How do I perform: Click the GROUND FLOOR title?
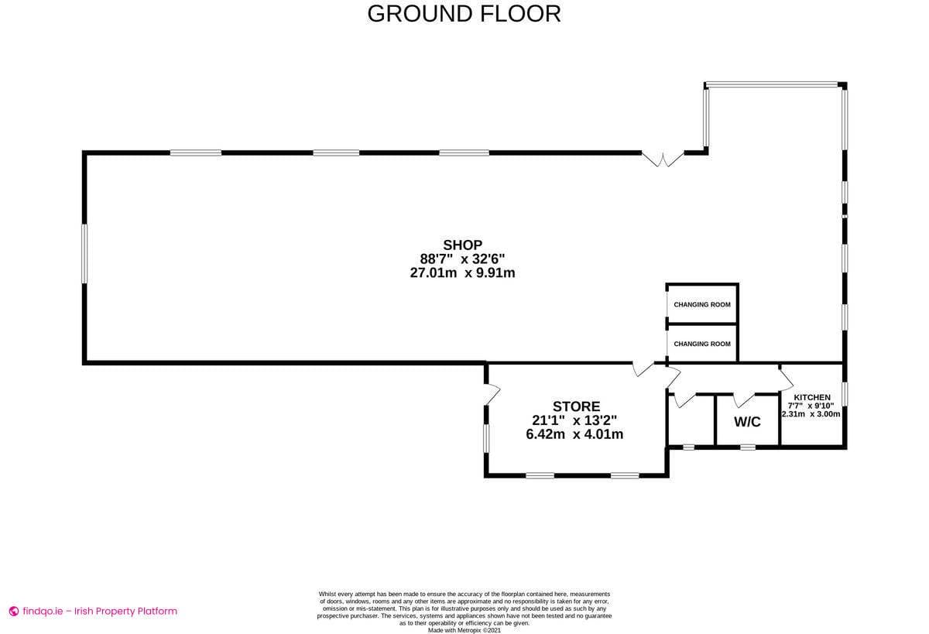464,14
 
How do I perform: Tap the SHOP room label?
462,245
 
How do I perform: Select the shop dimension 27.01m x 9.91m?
462,272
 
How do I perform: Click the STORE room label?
576,406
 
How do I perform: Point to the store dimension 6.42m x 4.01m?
574,434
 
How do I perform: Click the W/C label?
747,422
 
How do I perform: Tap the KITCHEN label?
812,397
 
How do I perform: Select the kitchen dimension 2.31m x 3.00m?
811,414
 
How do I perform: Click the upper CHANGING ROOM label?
701,304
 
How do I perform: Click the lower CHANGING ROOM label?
701,344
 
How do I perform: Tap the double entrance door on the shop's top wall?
663,159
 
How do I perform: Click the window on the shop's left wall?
84,253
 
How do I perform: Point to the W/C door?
743,399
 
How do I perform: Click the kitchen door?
786,379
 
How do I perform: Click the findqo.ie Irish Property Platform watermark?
93,611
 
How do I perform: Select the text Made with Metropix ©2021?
464,630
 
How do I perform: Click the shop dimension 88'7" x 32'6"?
462,259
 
